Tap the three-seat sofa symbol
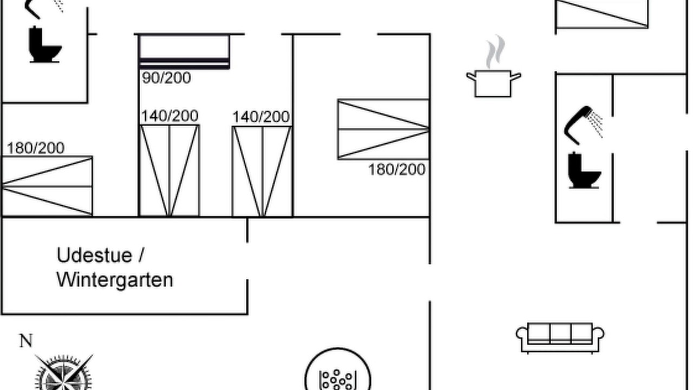560,338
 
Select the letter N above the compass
26,341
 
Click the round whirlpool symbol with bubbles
338,370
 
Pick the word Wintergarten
115,280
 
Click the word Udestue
94,256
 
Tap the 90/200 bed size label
166,78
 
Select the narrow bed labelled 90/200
185,51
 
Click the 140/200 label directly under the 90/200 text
169,116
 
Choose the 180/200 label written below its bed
397,170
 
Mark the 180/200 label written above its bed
36,148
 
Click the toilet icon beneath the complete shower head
584,170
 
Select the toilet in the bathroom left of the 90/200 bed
45,44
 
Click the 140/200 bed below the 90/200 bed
169,171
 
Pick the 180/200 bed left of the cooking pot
383,129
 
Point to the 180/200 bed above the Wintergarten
47,186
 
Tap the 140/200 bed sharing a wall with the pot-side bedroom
262,172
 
